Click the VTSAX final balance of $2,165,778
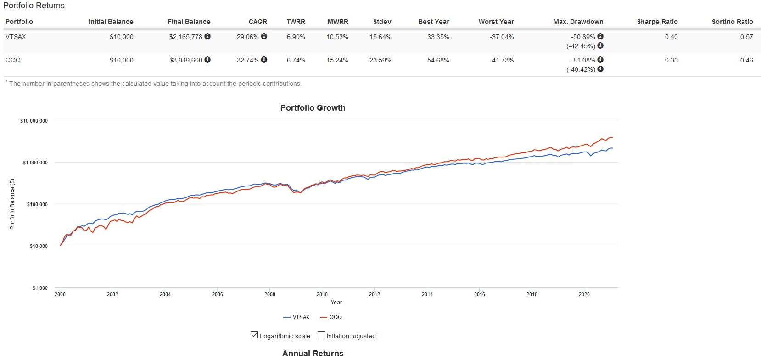click(x=185, y=37)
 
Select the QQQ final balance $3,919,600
click(x=185, y=60)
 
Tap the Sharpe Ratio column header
click(x=657, y=22)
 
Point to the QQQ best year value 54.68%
click(x=438, y=60)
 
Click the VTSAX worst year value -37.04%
click(x=502, y=37)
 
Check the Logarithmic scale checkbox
click(x=254, y=335)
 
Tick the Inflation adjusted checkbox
click(x=321, y=335)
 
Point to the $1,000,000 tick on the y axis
click(x=35, y=163)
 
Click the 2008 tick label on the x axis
click(x=270, y=294)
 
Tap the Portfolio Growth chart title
click(x=313, y=108)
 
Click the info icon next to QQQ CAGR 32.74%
click(x=264, y=60)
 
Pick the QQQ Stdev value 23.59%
click(x=380, y=60)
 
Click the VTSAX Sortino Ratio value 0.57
click(x=746, y=37)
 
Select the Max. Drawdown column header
click(x=578, y=22)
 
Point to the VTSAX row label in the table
click(x=16, y=37)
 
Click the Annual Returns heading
click(x=313, y=353)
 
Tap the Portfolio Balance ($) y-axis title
click(x=12, y=204)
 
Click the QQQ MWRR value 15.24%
click(x=337, y=60)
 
